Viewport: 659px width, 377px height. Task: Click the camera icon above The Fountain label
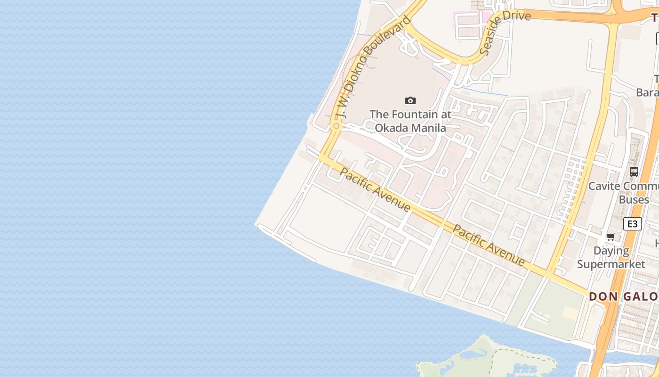pos(410,100)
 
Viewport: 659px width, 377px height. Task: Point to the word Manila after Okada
pos(430,128)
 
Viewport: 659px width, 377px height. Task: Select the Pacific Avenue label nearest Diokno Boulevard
pos(375,190)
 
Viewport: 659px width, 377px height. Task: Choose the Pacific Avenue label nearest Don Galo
pos(489,245)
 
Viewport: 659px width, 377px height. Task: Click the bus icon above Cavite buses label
pos(634,172)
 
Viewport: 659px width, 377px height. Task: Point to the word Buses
pos(634,200)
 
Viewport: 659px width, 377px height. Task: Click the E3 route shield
pos(632,224)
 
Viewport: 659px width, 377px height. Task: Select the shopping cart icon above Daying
pos(611,237)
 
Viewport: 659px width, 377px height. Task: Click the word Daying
pos(611,251)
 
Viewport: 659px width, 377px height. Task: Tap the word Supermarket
pos(611,264)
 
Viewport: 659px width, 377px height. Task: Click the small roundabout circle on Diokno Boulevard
pos(336,126)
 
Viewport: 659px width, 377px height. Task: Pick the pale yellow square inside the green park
pos(570,312)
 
